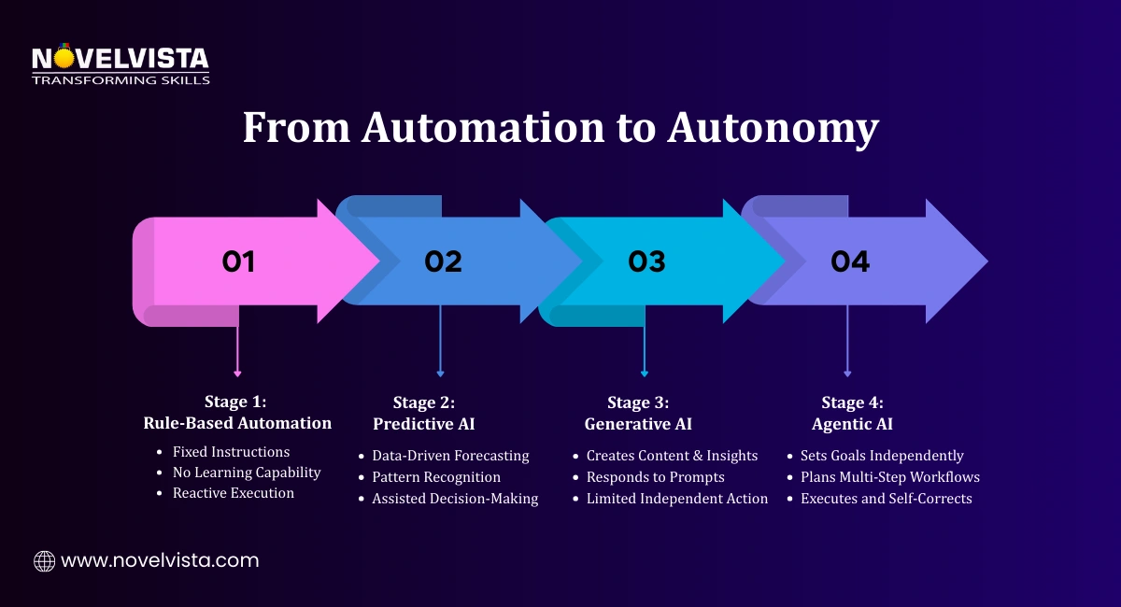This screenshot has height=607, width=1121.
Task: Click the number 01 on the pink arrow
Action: (x=238, y=262)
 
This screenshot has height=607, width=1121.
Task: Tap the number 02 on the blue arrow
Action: (x=443, y=262)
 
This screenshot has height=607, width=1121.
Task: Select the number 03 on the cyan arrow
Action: (x=646, y=262)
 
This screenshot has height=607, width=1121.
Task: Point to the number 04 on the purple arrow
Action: (x=850, y=262)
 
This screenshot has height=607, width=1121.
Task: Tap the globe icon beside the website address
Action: (x=44, y=561)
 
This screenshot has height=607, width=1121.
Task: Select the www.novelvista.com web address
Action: (x=160, y=561)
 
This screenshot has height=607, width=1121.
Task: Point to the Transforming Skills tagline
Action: (x=121, y=80)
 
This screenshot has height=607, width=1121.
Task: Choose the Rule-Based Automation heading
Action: (x=237, y=423)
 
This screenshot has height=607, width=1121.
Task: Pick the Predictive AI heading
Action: (x=424, y=424)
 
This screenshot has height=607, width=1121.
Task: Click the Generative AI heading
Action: (x=638, y=424)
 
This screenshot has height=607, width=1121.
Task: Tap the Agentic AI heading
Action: (x=852, y=424)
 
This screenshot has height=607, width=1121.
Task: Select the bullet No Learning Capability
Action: (x=247, y=473)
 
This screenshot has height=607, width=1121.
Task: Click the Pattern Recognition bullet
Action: (x=436, y=477)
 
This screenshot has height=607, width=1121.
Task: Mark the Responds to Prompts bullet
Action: (x=655, y=477)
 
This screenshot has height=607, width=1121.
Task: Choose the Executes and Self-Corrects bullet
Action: (x=886, y=499)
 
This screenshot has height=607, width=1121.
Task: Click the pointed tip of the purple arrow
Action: (x=985, y=261)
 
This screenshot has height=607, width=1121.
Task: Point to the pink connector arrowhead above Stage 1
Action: (x=237, y=374)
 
